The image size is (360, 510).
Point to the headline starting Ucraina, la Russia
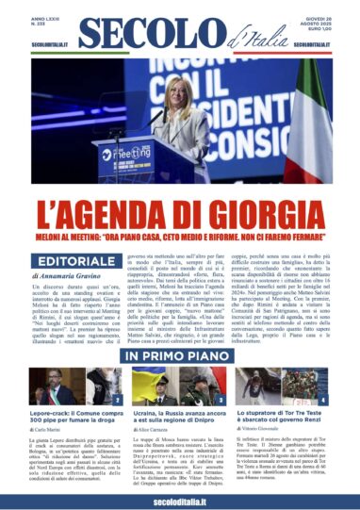(x=179, y=417)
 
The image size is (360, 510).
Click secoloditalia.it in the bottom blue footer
(x=179, y=499)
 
